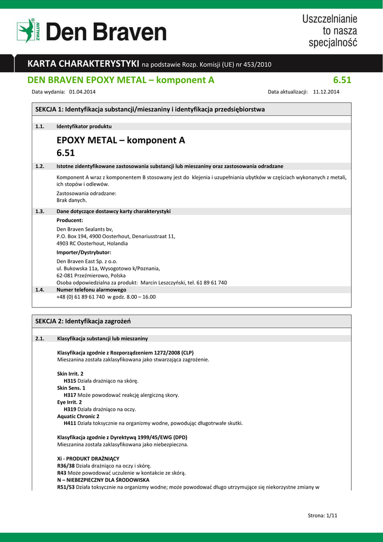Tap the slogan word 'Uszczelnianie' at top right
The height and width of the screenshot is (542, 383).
(330, 19)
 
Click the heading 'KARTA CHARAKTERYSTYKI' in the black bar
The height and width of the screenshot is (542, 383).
(83, 64)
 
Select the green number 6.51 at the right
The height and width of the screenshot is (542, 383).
(342, 80)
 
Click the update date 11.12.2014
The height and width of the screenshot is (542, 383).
(326, 92)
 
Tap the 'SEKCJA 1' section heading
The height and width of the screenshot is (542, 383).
(150, 109)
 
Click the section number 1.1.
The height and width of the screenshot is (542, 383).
(39, 127)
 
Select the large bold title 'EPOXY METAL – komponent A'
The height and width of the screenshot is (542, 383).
(121, 140)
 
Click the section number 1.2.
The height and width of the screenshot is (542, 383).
(39, 166)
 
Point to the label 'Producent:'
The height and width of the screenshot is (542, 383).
(70, 220)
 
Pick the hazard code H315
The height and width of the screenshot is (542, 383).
(70, 381)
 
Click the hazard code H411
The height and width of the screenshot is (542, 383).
(70, 423)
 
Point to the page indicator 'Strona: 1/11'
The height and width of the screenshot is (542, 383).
(322, 516)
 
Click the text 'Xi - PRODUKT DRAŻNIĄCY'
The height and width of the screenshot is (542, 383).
(88, 458)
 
